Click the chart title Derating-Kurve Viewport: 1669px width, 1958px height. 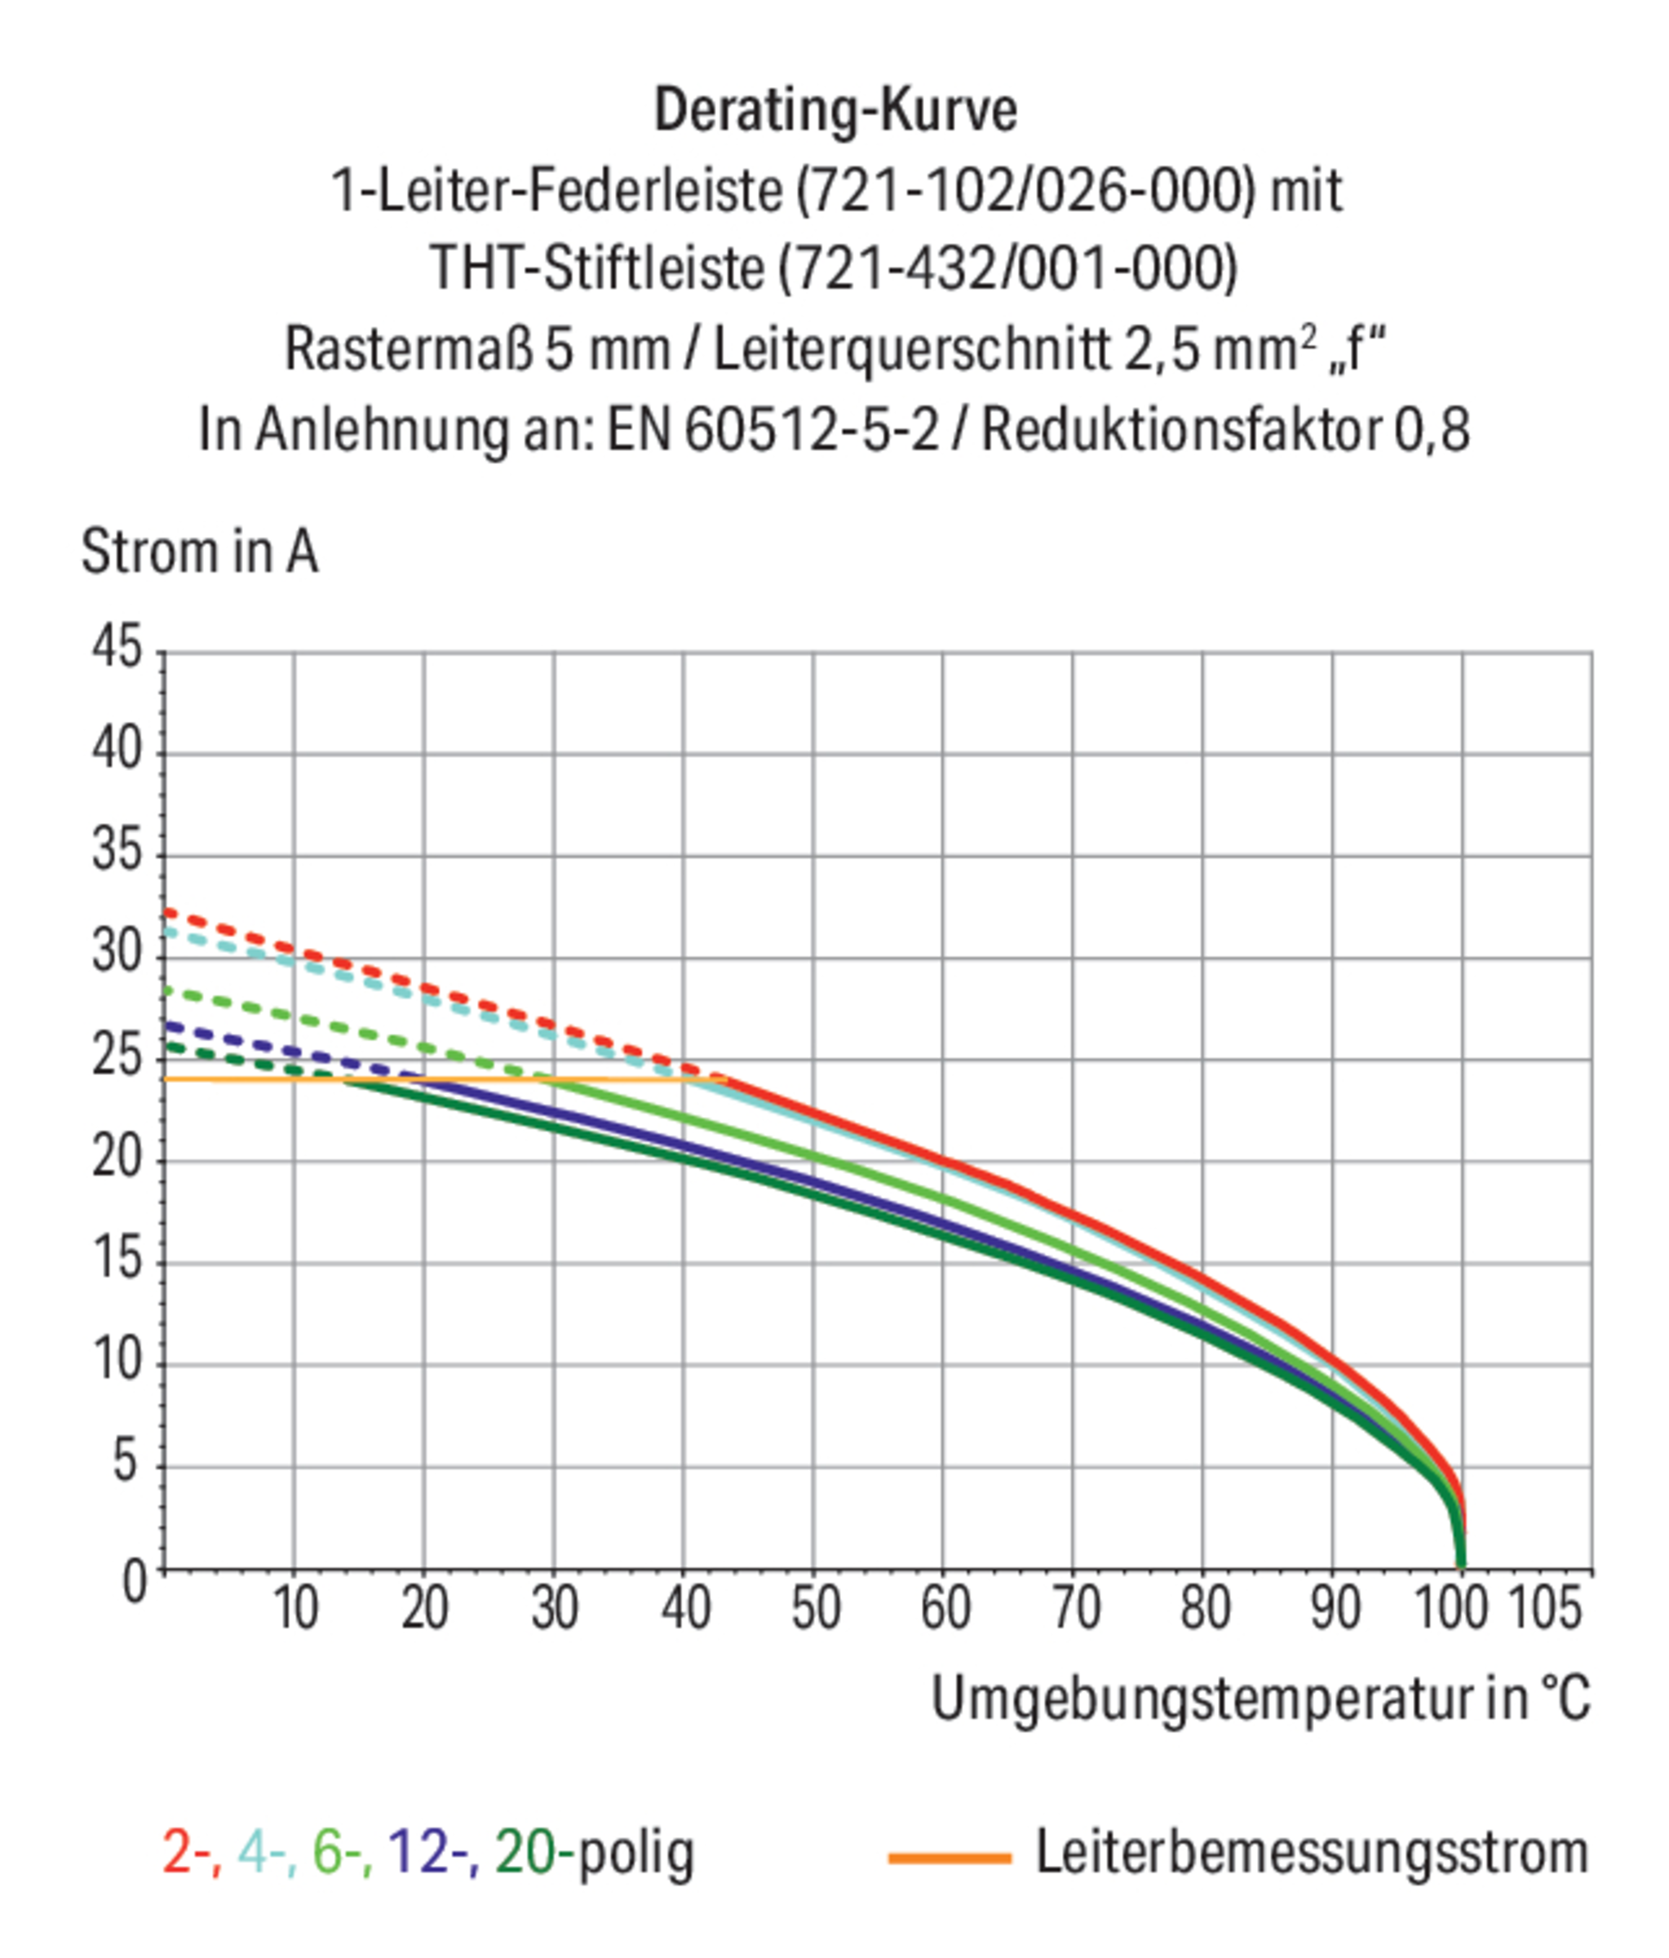tap(834, 111)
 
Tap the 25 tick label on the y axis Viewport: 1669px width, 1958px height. tap(117, 1057)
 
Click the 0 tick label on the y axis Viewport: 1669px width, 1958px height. tap(135, 1582)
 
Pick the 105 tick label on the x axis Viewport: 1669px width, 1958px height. tap(1543, 1608)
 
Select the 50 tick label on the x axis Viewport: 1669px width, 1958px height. tap(815, 1608)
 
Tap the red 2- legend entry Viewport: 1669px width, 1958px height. tap(191, 1851)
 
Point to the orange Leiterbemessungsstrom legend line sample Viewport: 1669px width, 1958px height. tap(949, 1858)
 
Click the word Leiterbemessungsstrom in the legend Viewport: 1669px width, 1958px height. tap(1312, 1852)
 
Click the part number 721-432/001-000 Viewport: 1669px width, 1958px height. tap(1007, 268)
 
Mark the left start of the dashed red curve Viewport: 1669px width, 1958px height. tap(168, 912)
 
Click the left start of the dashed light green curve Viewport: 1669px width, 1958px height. tap(168, 990)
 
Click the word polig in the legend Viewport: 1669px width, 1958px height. tap(635, 1852)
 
